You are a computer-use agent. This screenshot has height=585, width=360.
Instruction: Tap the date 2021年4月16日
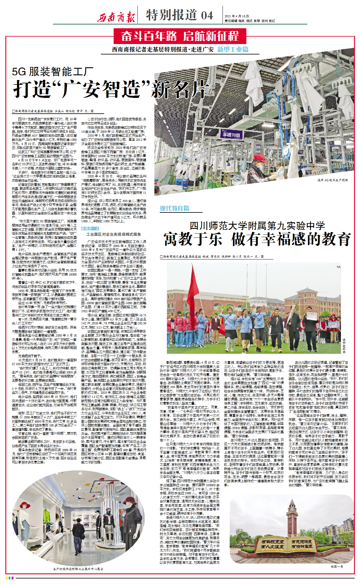pos(237,16)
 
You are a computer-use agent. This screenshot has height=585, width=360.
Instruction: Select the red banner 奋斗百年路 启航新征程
pos(180,36)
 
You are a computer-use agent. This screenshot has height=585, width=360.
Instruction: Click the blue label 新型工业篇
pos(233,49)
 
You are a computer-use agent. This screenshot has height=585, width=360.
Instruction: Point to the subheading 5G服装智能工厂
pos(53,72)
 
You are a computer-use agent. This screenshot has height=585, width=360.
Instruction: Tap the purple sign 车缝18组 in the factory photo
pos(231,134)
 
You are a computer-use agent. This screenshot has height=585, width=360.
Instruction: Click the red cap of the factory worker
pos(260,157)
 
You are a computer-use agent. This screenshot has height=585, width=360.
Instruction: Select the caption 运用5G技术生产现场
pos(332,180)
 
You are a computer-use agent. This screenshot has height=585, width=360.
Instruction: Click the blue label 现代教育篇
pos(174,208)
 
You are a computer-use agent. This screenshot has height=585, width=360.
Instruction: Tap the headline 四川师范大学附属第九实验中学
pos(257,225)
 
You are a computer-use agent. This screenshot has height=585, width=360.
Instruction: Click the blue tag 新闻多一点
pos(90,229)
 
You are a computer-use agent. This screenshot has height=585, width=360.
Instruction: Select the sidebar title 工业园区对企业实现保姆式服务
pos(114,234)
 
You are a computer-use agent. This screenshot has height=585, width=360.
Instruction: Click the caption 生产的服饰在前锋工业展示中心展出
pos(78,569)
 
